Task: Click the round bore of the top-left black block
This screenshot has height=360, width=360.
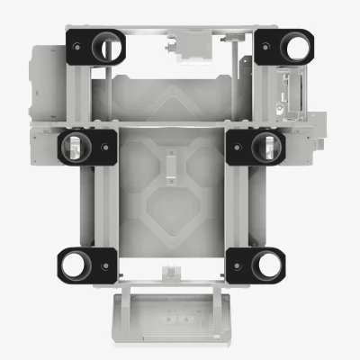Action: (109, 46)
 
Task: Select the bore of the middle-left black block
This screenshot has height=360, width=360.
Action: (76, 147)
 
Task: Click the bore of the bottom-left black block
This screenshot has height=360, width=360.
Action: (75, 264)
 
